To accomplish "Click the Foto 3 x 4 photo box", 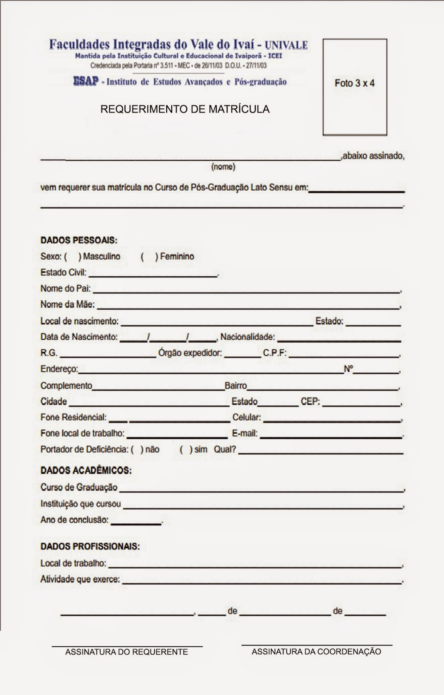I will click(x=355, y=87).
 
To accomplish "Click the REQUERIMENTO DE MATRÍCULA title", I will click(x=185, y=109).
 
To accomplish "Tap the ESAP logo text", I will click(x=86, y=81).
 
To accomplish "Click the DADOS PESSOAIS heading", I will click(x=79, y=240).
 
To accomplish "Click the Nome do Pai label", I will click(x=66, y=288).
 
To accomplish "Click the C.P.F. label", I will click(x=275, y=353).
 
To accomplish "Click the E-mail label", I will click(x=245, y=433).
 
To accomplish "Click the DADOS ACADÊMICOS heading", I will click(x=86, y=470).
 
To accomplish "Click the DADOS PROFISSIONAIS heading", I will click(x=90, y=546).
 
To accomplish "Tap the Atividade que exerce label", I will click(x=80, y=579).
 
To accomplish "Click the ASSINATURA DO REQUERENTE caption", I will click(x=126, y=652).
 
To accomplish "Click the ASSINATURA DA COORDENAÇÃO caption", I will click(x=316, y=652).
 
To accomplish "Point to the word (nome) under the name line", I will click(x=223, y=167).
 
